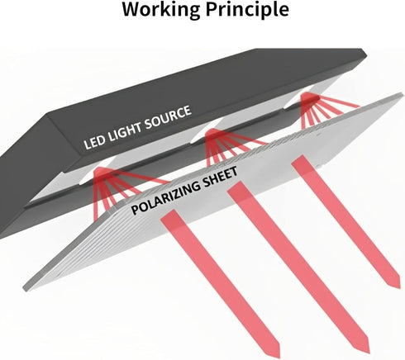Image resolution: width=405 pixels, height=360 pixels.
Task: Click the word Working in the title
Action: tap(161, 10)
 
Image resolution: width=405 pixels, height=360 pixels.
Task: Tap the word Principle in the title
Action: tap(247, 10)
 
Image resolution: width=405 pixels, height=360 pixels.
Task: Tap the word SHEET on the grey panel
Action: tap(220, 176)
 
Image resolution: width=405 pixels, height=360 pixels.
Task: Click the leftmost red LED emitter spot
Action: tap(101, 172)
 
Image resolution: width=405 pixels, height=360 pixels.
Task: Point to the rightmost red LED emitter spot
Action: tap(309, 97)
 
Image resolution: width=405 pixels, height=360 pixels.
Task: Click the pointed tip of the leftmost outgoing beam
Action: tap(279, 358)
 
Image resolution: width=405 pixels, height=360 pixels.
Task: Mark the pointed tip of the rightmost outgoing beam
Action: tap(399, 287)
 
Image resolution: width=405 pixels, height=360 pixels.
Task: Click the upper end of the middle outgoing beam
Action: tap(236, 187)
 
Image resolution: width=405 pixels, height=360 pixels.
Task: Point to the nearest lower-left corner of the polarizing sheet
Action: tap(24, 289)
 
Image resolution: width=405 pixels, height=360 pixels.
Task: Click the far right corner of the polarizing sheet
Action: tap(403, 95)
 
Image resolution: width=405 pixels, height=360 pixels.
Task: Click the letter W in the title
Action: tap(131, 9)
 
